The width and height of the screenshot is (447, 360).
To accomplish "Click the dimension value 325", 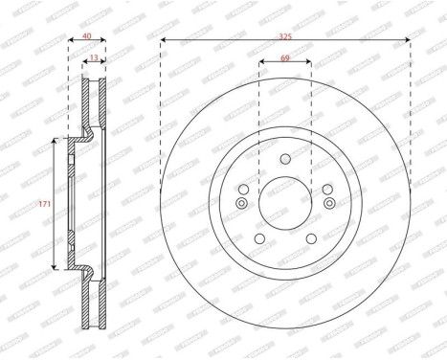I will pyautogui.click(x=285, y=35).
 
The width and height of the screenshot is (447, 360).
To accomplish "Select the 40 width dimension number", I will pyautogui.click(x=87, y=35).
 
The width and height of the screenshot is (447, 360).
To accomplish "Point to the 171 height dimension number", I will pyautogui.click(x=44, y=204).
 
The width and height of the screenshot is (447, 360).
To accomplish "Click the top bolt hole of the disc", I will pyautogui.click(x=284, y=160).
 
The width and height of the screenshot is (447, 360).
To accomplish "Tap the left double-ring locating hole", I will pyautogui.click(x=242, y=202).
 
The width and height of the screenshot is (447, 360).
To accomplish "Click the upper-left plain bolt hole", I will pyautogui.click(x=243, y=189).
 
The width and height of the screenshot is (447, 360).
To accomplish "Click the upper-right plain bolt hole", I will pyautogui.click(x=326, y=189).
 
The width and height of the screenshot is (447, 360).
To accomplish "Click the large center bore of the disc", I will pyautogui.click(x=285, y=203).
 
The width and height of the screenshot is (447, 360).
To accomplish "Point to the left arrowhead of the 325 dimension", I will pyautogui.click(x=164, y=40).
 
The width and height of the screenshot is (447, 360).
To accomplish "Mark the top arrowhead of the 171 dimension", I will pyautogui.click(x=55, y=141).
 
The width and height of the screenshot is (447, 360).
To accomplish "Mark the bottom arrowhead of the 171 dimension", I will pyautogui.click(x=55, y=266).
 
